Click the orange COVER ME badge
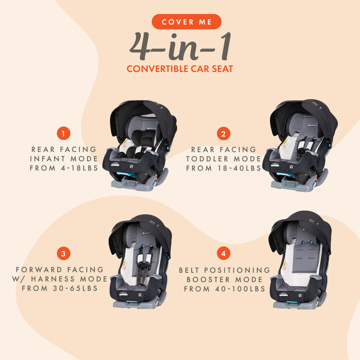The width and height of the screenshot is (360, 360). click(180, 22)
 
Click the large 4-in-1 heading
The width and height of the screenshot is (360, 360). click(180, 46)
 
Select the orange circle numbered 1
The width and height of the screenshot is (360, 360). click(63, 133)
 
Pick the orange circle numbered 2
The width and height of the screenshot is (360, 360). click(223, 133)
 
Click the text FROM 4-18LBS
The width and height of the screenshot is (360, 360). click(63, 168)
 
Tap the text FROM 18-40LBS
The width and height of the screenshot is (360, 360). click(223, 168)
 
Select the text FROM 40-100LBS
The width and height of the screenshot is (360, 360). click(224, 288)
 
